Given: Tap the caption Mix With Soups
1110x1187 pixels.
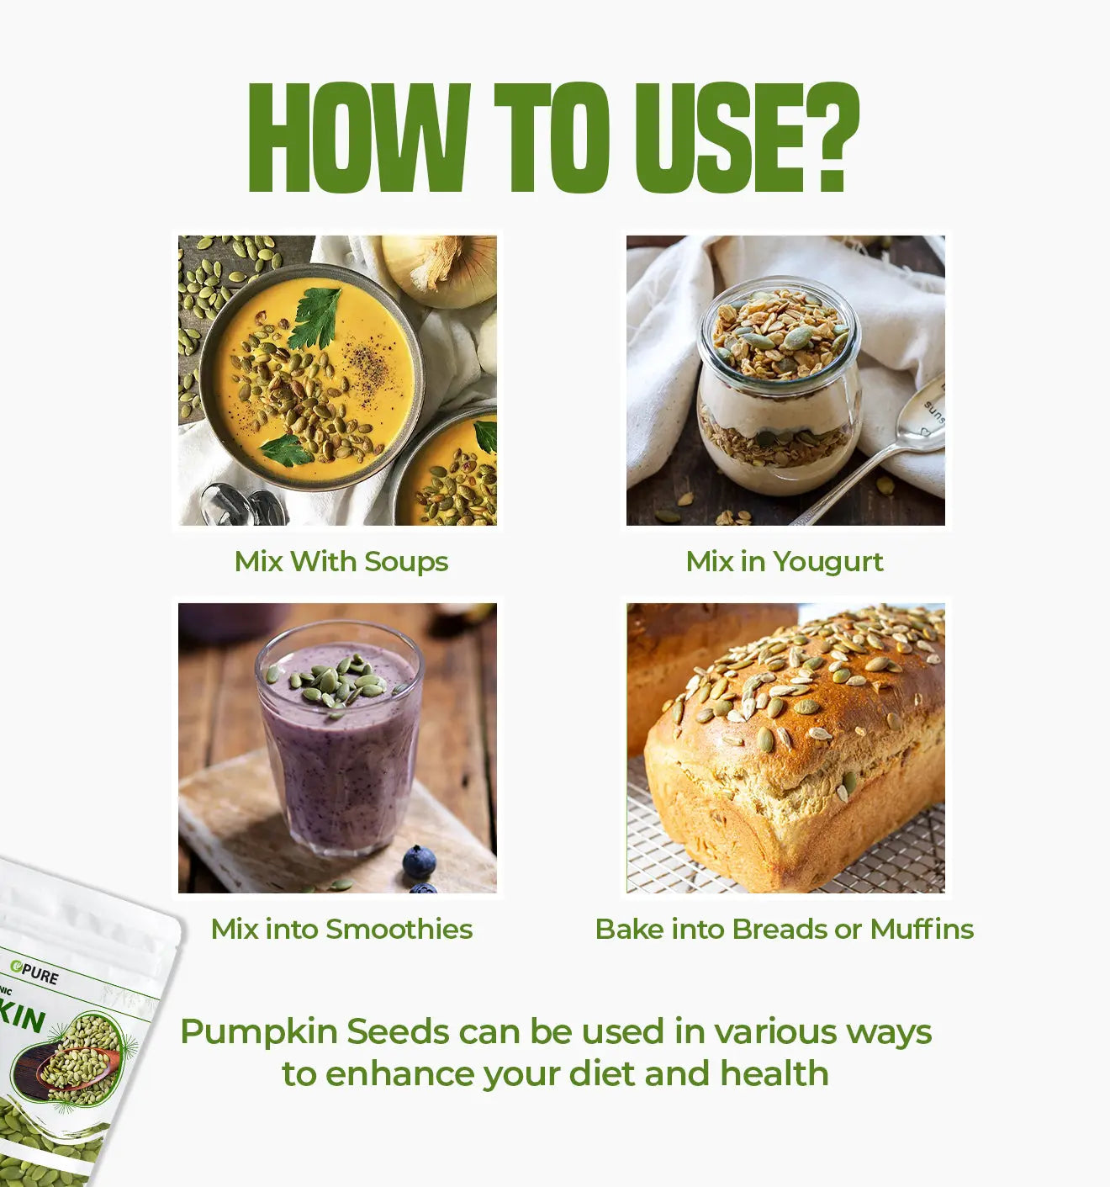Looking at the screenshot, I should [341, 561].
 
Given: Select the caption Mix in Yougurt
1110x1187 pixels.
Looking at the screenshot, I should [784, 561].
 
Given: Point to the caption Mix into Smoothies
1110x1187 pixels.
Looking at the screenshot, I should [341, 929].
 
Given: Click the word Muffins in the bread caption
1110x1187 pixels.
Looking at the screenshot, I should [922, 929].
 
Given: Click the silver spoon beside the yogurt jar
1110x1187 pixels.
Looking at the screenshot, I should [891, 454].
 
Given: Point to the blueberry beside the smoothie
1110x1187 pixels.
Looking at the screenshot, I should [419, 862].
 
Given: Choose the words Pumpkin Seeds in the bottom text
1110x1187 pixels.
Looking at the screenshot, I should [314, 1031].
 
